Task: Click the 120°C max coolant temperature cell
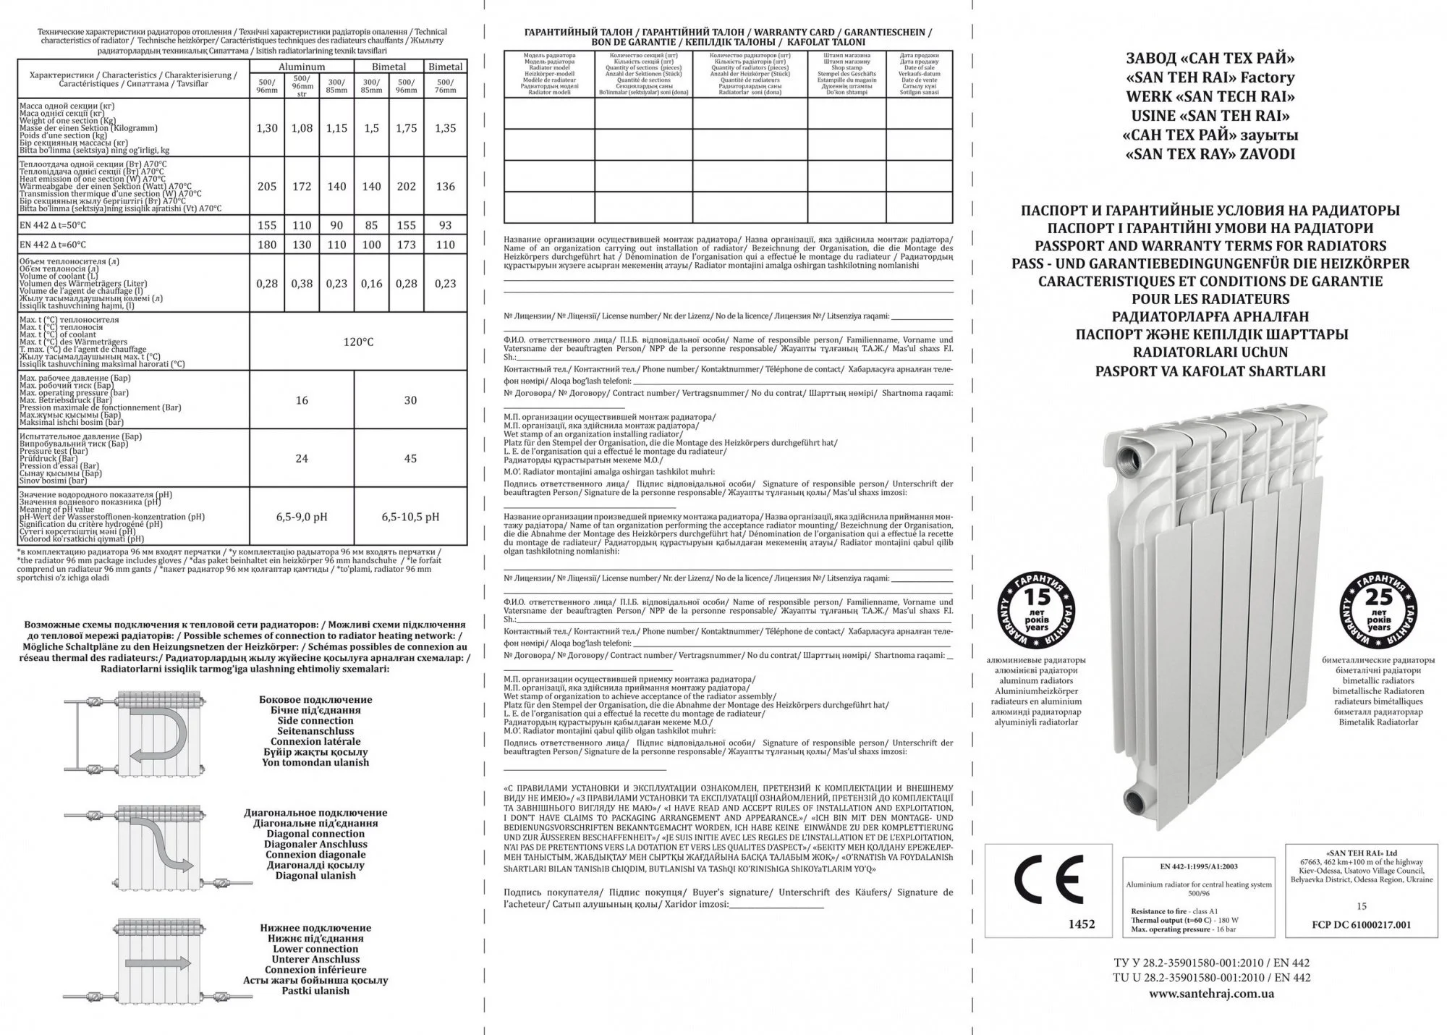[x=358, y=342]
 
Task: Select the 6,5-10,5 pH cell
[x=410, y=517]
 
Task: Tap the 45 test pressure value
[x=410, y=458]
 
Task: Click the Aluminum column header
[x=302, y=67]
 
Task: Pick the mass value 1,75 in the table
[x=407, y=128]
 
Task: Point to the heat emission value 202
[x=407, y=186]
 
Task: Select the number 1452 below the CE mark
[x=1082, y=924]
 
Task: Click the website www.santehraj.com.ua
[x=1212, y=994]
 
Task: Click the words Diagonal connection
[x=315, y=834]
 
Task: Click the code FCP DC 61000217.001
[x=1361, y=924]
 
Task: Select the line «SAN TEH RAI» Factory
[x=1210, y=77]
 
